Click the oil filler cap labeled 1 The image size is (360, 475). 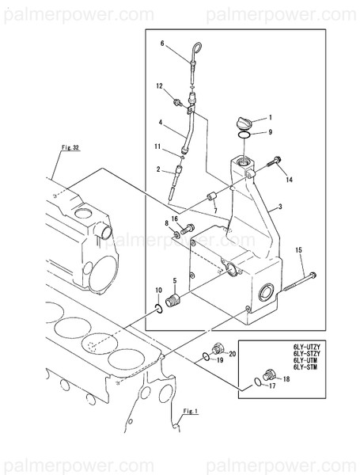(x=243, y=124)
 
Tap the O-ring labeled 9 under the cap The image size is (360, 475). (x=244, y=135)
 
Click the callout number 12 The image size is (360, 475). (x=159, y=86)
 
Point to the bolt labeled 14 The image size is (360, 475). (x=274, y=161)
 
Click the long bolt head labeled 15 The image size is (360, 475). (x=313, y=275)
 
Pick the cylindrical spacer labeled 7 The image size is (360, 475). (x=210, y=196)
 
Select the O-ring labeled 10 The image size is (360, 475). (x=159, y=310)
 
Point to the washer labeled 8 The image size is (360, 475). (x=176, y=234)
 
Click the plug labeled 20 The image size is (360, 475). (x=217, y=348)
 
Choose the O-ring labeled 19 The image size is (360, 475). (x=205, y=357)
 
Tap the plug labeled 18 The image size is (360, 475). (x=270, y=375)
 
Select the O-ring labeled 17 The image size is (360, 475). (x=258, y=382)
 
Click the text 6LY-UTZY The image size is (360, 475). (x=306, y=347)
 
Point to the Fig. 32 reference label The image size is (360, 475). (x=70, y=147)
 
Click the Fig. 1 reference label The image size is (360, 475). (x=191, y=412)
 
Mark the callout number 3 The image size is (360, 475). (x=280, y=207)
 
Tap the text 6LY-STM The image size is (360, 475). (x=305, y=367)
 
